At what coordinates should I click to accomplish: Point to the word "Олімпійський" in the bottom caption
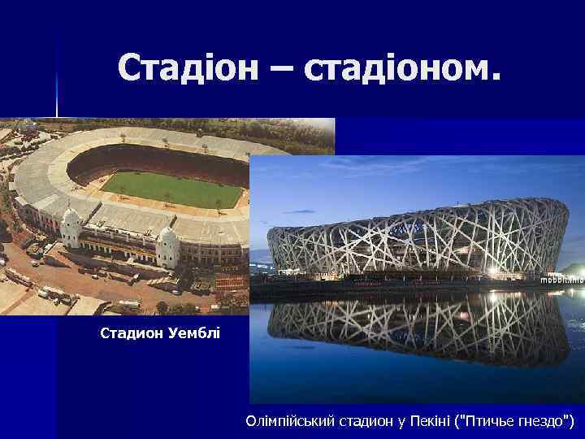click(x=288, y=421)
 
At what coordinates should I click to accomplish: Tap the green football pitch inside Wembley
click(x=172, y=189)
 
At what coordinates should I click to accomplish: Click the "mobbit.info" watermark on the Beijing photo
click(x=561, y=279)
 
